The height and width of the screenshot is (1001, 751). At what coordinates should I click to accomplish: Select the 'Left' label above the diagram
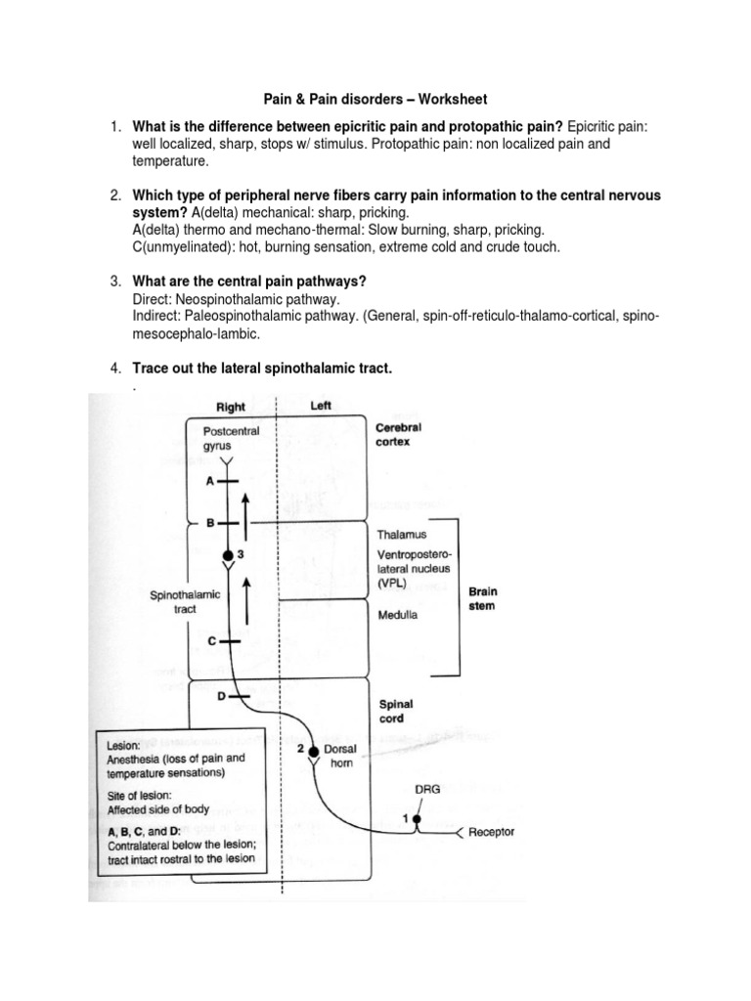(320, 406)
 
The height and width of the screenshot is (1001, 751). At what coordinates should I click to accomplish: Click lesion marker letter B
(209, 523)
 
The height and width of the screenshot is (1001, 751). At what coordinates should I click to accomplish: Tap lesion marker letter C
(211, 640)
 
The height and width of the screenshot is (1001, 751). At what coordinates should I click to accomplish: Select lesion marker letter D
(221, 695)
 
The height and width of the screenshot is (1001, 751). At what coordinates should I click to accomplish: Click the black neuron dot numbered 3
(228, 554)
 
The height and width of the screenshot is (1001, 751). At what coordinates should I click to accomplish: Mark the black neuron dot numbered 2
(313, 751)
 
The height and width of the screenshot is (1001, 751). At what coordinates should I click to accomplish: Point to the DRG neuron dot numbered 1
(418, 817)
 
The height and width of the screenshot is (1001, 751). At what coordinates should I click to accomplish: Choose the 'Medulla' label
(397, 615)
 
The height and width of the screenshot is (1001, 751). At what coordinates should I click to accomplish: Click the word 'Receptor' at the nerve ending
(492, 833)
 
